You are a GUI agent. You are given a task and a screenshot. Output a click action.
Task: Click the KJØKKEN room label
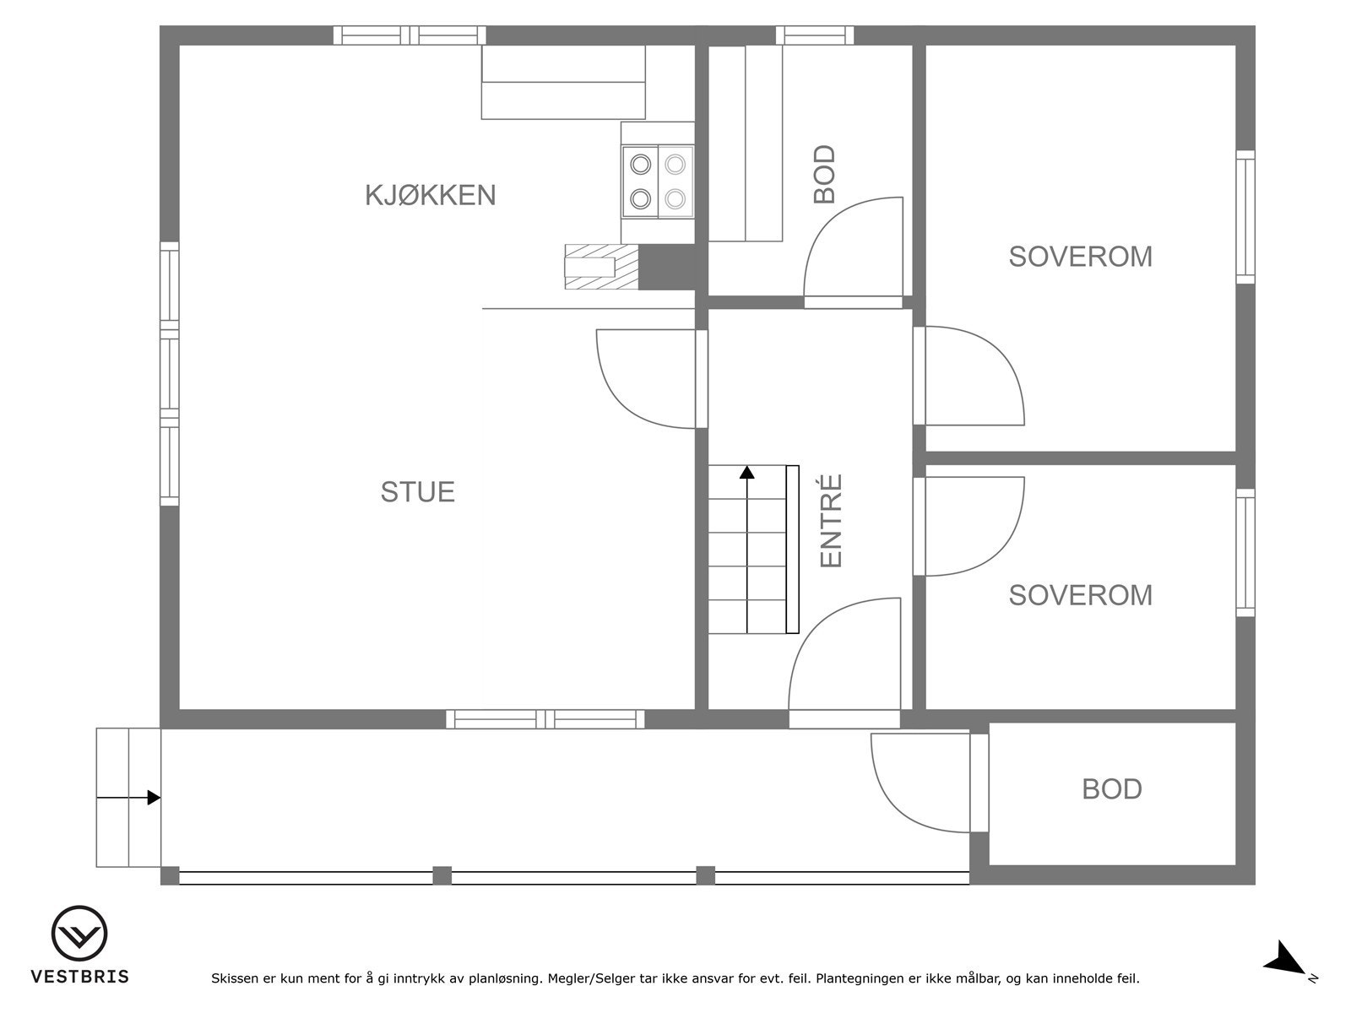[430, 195]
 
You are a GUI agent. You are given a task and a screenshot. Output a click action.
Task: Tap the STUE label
[417, 491]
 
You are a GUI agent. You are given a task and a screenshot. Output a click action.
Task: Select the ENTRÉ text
[832, 521]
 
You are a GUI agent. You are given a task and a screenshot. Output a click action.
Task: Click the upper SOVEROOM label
[1080, 257]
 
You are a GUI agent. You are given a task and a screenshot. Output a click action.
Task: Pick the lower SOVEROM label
[1080, 595]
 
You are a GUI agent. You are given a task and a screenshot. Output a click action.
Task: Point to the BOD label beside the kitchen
[824, 175]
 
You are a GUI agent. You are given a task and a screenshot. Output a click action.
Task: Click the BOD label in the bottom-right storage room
[1111, 789]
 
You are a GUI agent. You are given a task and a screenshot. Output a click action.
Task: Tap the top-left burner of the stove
[641, 163]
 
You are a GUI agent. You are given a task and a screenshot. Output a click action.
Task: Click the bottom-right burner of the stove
[674, 199]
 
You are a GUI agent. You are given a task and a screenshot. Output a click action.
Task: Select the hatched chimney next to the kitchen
[601, 267]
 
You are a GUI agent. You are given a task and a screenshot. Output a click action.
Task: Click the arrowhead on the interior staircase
[746, 472]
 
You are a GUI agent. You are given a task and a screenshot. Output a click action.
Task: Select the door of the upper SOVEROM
[971, 376]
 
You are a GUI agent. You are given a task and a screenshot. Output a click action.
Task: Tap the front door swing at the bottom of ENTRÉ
[844, 654]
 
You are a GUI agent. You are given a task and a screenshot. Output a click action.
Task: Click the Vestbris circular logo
[79, 934]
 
